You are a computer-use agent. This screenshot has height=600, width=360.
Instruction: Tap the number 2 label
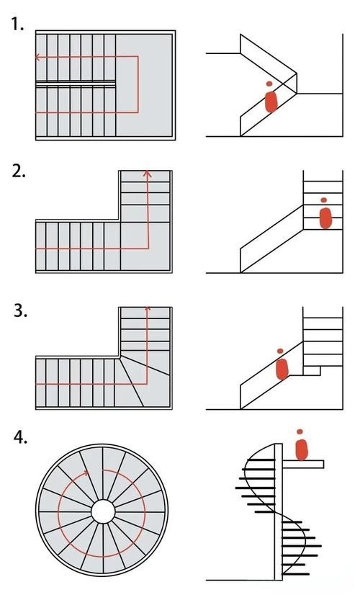(x=19, y=171)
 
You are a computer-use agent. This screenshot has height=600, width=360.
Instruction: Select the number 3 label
(x=20, y=310)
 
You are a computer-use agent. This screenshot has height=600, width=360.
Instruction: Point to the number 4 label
(x=20, y=436)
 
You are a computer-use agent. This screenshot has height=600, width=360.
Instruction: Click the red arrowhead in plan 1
(x=37, y=57)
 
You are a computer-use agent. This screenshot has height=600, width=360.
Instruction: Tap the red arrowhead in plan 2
(x=148, y=174)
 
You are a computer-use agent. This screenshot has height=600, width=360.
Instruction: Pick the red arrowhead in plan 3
(x=148, y=308)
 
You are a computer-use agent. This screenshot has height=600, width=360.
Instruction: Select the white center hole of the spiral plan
(x=103, y=511)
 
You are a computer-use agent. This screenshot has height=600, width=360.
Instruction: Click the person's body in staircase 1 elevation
(x=271, y=102)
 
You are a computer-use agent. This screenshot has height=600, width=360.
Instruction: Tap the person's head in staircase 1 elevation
(x=269, y=84)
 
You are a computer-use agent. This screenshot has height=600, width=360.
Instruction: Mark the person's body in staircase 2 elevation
(x=325, y=218)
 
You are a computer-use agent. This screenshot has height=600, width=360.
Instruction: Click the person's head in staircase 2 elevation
(x=324, y=200)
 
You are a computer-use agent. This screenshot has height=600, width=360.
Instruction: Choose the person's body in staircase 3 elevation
(x=282, y=369)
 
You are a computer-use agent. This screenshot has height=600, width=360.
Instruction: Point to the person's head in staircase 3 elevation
(x=280, y=351)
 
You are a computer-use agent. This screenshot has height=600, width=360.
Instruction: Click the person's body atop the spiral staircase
(x=302, y=449)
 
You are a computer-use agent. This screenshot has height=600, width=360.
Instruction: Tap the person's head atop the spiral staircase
(x=300, y=431)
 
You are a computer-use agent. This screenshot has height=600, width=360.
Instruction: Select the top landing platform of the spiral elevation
(x=303, y=464)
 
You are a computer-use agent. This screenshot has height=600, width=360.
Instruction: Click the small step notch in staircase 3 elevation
(x=312, y=370)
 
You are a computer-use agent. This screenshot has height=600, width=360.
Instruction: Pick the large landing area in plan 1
(x=144, y=85)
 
